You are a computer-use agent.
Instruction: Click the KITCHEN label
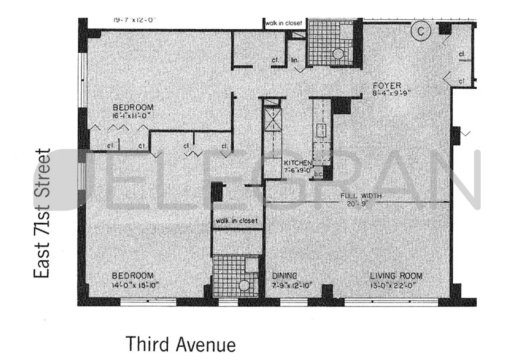coord(297,162)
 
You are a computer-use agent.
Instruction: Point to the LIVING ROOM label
coord(396,276)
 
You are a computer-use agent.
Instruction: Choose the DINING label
coord(284,276)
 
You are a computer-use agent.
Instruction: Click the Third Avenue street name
coord(180,344)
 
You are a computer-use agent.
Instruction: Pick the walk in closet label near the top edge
coord(283,23)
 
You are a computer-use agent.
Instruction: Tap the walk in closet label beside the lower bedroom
coord(237,220)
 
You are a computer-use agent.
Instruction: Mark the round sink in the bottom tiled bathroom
coord(244,285)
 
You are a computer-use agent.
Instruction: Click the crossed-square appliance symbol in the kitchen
coord(272,121)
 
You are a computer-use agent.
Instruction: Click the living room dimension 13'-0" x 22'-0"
coord(396,285)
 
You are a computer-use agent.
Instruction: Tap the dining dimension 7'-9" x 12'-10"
coord(292,285)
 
